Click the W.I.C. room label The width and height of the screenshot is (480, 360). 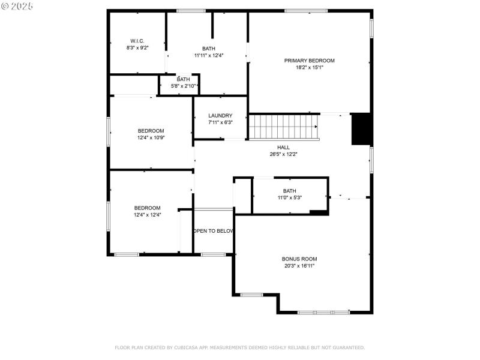[x=137, y=41]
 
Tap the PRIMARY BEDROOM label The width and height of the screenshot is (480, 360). [x=309, y=61]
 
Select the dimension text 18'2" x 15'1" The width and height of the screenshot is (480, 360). [x=309, y=68]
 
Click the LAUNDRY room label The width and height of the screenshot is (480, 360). [x=220, y=116]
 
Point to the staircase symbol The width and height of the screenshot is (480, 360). [x=283, y=127]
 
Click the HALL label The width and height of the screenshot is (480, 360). [x=283, y=147]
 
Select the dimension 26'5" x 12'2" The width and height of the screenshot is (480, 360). [x=283, y=154]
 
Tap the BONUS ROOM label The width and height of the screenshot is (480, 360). [x=299, y=259]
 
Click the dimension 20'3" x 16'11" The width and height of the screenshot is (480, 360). [x=299, y=266]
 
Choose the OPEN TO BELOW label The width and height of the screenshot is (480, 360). [x=214, y=230]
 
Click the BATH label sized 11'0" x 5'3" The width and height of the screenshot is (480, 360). [x=290, y=191]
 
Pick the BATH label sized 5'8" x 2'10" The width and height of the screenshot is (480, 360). [x=183, y=79]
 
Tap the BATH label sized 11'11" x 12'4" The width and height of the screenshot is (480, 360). [x=208, y=49]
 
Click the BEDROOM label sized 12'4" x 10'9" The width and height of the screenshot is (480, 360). [x=151, y=130]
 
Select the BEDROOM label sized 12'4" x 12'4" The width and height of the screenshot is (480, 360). [x=147, y=208]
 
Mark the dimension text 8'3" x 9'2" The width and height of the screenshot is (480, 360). [x=137, y=47]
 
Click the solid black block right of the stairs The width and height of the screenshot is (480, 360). [x=361, y=128]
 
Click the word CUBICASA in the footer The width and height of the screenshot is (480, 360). [x=189, y=347]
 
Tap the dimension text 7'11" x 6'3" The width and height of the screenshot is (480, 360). [x=220, y=122]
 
